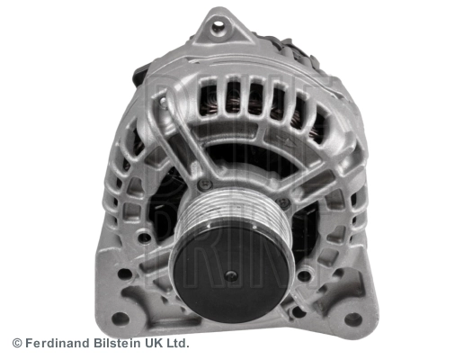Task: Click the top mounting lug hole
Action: [x=216, y=28]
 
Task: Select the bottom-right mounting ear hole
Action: [x=353, y=319]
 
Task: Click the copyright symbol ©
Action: [x=16, y=343]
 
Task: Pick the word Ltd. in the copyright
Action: [x=179, y=343]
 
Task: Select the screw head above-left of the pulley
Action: [x=206, y=185]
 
